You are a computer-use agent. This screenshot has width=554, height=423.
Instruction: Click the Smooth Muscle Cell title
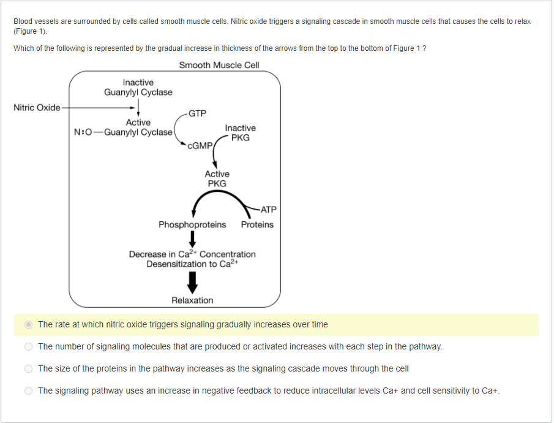coord(219,65)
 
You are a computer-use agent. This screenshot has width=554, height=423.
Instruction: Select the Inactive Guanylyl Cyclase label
coord(138,87)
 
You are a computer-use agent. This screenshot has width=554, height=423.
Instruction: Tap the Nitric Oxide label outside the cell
coord(37,108)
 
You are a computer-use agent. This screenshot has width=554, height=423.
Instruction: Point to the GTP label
coord(197,113)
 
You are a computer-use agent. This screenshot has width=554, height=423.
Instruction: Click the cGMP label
coord(200,146)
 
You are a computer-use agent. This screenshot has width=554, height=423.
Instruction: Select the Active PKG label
coord(217,178)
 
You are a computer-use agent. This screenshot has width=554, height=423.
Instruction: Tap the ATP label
coord(268,209)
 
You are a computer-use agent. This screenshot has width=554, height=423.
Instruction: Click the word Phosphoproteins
coord(192,224)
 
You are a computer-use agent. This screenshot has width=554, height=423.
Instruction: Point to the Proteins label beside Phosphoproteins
coord(257,224)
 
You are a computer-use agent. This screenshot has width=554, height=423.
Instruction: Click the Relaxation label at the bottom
coord(192,300)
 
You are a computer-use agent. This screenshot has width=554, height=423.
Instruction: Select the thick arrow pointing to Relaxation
coord(192,281)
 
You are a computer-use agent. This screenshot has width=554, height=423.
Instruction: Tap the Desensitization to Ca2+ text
coord(192,264)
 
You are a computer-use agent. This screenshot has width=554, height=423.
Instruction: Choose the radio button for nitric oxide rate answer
coord(28,324)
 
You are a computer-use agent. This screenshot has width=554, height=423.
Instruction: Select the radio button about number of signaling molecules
coord(28,346)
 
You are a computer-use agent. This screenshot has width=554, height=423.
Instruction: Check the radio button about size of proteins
coord(28,368)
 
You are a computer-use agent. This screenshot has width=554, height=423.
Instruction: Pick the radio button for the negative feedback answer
coord(28,391)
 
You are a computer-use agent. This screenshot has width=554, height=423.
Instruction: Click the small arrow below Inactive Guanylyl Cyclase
coord(140,108)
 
